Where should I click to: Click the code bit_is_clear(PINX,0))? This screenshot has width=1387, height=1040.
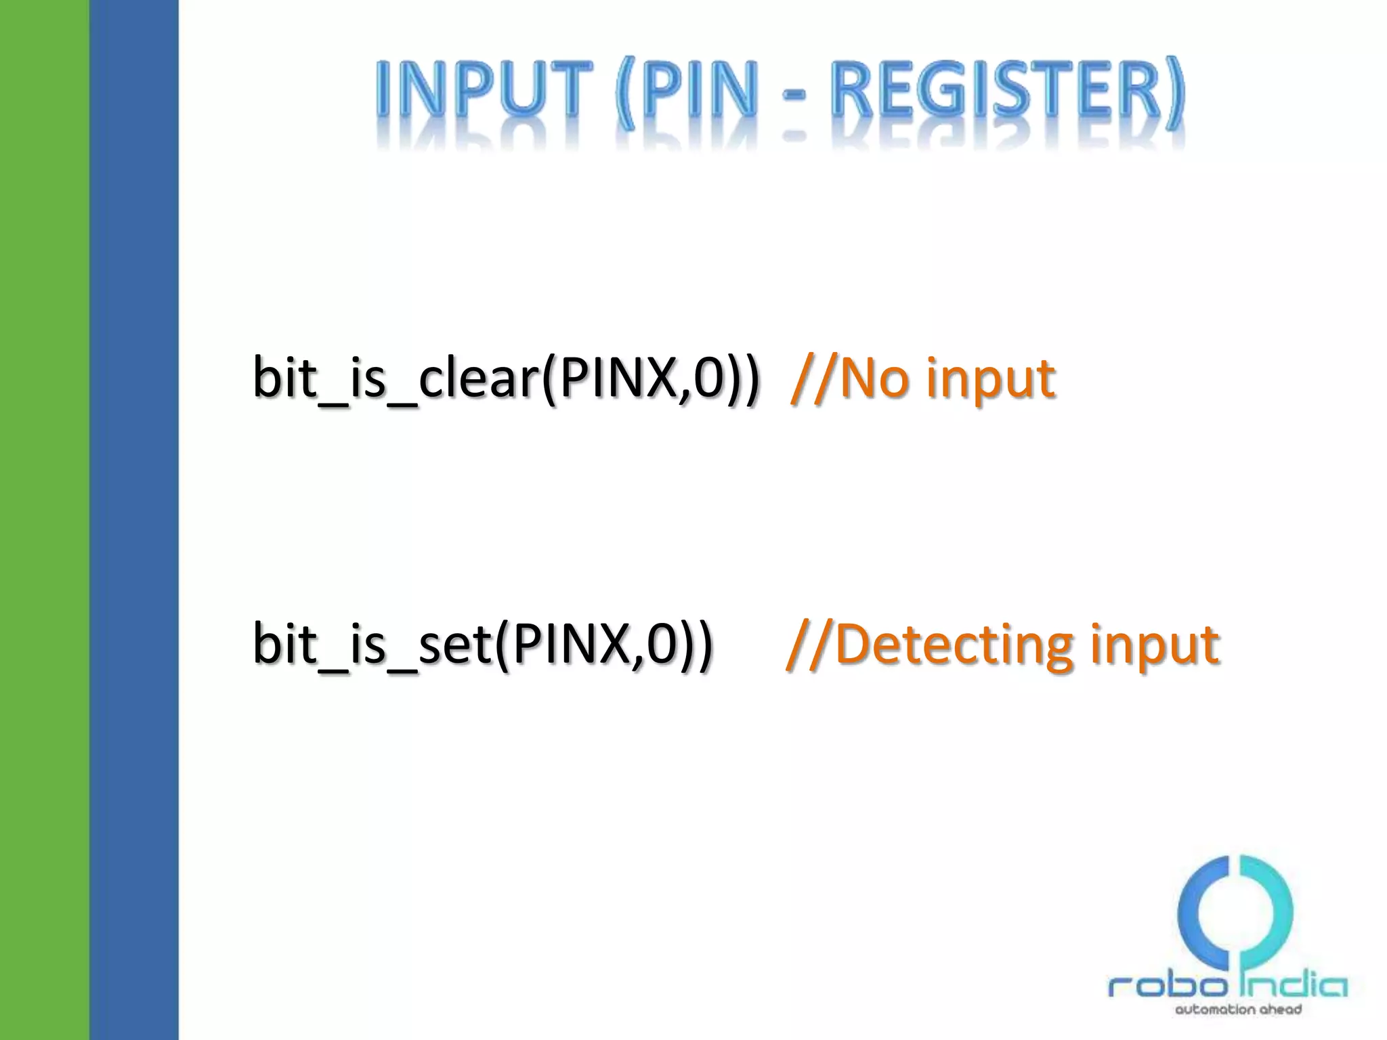coord(507,378)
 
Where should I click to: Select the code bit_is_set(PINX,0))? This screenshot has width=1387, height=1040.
coord(482,644)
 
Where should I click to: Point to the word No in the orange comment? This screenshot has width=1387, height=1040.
coord(874,378)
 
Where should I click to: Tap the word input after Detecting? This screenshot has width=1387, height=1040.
coord(1155,645)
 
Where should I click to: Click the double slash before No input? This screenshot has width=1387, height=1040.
coord(814,378)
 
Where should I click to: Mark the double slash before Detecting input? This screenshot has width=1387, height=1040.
coord(810,644)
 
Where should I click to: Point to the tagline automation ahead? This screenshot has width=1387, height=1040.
coord(1238,1010)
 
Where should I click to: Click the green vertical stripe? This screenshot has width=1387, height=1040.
coord(45,520)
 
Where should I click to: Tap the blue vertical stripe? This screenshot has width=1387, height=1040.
coord(134,520)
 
